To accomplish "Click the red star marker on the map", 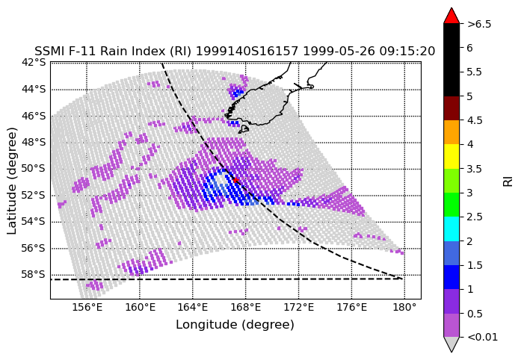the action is click(236, 180).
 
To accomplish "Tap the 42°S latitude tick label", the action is click(33, 63).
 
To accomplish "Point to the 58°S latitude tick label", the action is click(33, 275).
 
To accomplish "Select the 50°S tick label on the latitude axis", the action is click(33, 168).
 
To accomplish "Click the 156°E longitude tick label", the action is click(87, 307).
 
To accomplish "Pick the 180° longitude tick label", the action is click(404, 307).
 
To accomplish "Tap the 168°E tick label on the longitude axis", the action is click(245, 307).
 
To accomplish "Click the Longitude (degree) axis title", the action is click(235, 324).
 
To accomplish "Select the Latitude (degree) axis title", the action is click(12, 181).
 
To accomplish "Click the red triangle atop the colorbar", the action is click(451, 16).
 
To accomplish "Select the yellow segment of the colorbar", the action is click(451, 156).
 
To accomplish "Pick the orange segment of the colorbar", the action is click(451, 132).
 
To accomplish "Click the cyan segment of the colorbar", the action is click(451, 229).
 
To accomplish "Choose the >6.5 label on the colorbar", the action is click(479, 24).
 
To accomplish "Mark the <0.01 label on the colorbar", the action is click(482, 338).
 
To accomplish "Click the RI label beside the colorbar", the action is click(508, 181).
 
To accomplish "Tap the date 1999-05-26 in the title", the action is click(339, 51).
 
